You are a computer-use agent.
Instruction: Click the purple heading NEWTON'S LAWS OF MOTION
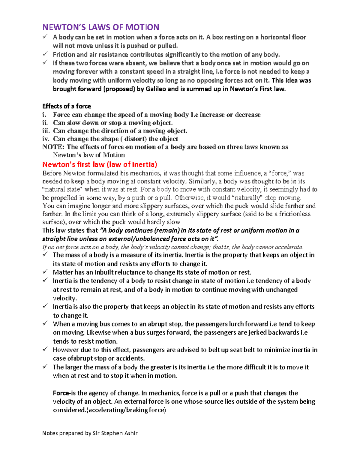click(x=101, y=27)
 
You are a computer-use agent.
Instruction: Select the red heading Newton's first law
click(x=100, y=164)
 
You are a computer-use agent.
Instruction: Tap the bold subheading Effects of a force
click(x=67, y=106)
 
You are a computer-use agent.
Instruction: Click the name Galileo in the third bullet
click(x=156, y=89)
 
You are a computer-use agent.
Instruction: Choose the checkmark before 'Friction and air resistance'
click(x=45, y=54)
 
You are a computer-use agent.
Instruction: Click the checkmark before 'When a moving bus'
click(x=45, y=323)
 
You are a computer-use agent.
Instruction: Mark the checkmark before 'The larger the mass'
click(x=45, y=367)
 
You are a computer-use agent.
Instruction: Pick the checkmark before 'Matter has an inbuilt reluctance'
click(x=45, y=272)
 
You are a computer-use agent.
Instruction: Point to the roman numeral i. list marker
click(x=44, y=115)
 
